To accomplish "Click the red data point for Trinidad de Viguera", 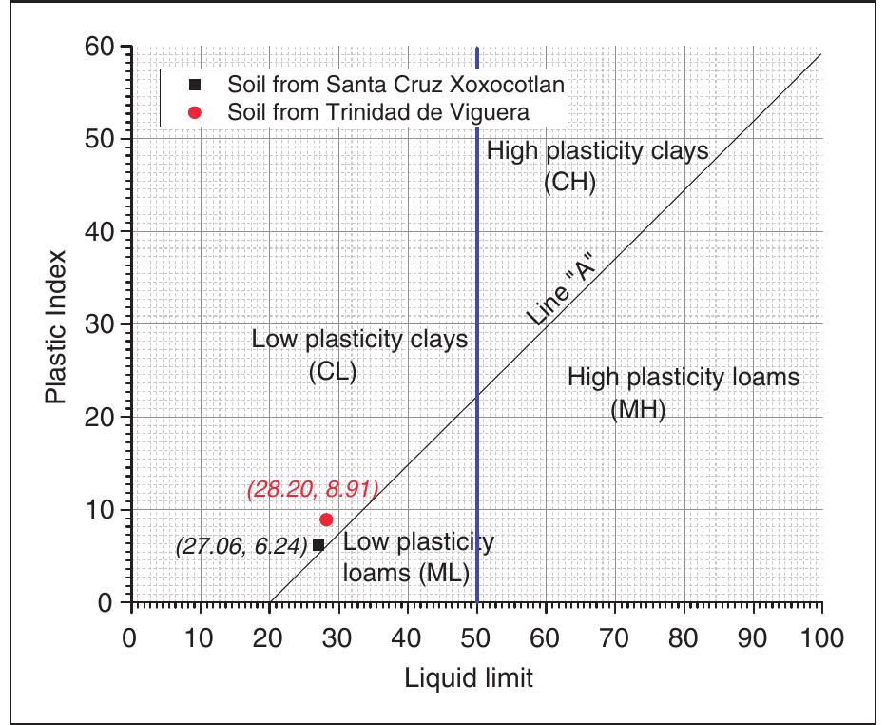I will (x=326, y=519).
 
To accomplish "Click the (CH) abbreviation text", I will (x=569, y=182).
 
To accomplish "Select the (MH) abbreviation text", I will (x=637, y=410).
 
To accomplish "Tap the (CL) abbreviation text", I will (x=332, y=372).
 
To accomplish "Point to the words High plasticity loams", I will (x=683, y=377).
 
